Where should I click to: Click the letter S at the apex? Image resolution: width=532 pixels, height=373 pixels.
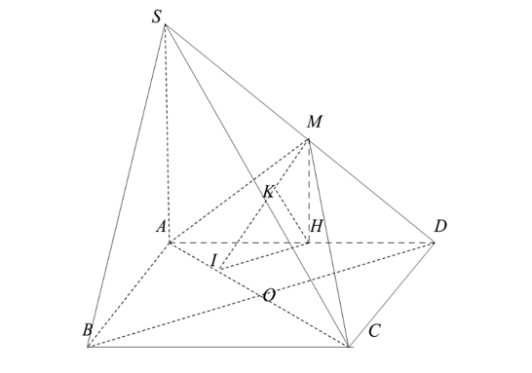click(156, 17)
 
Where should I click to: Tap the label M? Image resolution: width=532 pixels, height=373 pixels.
click(314, 122)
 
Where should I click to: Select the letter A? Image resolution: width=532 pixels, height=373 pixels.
click(160, 227)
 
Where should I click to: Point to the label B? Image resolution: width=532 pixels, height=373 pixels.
click(87, 330)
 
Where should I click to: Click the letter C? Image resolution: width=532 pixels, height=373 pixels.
click(373, 332)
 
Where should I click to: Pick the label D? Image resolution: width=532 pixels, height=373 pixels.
click(441, 226)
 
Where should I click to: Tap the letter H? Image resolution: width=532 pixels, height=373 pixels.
click(317, 227)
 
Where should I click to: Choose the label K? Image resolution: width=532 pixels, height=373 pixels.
click(268, 193)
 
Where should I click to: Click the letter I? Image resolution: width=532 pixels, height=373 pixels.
click(212, 260)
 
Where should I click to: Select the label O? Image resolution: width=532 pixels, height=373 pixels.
click(269, 295)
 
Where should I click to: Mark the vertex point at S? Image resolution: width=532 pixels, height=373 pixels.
click(165, 24)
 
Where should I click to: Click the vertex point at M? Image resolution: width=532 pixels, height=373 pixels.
click(309, 140)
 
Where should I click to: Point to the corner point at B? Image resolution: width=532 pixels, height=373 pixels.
click(88, 347)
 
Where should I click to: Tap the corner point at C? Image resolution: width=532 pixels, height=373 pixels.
click(349, 347)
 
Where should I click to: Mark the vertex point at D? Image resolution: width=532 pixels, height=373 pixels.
click(435, 242)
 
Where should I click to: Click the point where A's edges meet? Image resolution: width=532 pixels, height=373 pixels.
click(169, 242)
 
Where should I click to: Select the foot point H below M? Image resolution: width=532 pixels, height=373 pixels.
click(309, 242)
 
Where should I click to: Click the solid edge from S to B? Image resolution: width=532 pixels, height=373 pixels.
click(127, 185)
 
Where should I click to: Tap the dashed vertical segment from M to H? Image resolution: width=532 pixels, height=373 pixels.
click(309, 191)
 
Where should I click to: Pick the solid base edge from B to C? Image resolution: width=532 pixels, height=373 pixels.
click(218, 347)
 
